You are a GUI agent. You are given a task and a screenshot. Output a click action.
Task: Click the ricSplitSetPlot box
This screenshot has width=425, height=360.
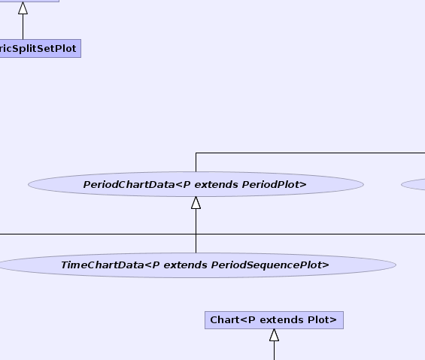click(x=40, y=49)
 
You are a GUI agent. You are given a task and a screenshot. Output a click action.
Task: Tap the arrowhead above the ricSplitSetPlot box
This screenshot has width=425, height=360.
click(x=23, y=8)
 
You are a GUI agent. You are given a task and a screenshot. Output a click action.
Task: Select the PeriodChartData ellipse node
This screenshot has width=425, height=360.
click(x=196, y=184)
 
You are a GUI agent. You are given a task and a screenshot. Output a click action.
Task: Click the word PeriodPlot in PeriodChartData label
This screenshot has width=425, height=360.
click(x=275, y=184)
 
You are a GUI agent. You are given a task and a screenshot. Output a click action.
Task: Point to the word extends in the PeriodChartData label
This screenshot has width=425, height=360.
click(x=217, y=184)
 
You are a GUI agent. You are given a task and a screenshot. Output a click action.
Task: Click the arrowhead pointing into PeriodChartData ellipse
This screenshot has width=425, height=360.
click(x=196, y=203)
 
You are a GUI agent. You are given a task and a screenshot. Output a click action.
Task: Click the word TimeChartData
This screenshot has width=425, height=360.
click(x=102, y=265)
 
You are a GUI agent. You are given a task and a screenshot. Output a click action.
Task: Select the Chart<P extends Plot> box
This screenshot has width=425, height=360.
click(x=274, y=320)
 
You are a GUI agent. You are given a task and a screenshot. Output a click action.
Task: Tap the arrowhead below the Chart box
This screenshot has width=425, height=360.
click(x=275, y=335)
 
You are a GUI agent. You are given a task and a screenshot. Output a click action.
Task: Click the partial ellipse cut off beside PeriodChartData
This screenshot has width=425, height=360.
click(x=414, y=184)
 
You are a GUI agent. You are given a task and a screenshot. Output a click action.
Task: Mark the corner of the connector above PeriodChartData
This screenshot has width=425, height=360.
click(x=196, y=153)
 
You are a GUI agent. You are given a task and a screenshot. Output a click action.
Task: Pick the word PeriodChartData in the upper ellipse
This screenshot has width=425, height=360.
click(x=129, y=184)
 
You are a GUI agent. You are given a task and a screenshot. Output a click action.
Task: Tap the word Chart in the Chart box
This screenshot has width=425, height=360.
click(x=225, y=320)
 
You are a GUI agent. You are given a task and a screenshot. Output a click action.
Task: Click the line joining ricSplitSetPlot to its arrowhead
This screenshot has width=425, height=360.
click(x=23, y=27)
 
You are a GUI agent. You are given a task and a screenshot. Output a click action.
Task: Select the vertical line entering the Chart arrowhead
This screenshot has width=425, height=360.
click(x=275, y=350)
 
